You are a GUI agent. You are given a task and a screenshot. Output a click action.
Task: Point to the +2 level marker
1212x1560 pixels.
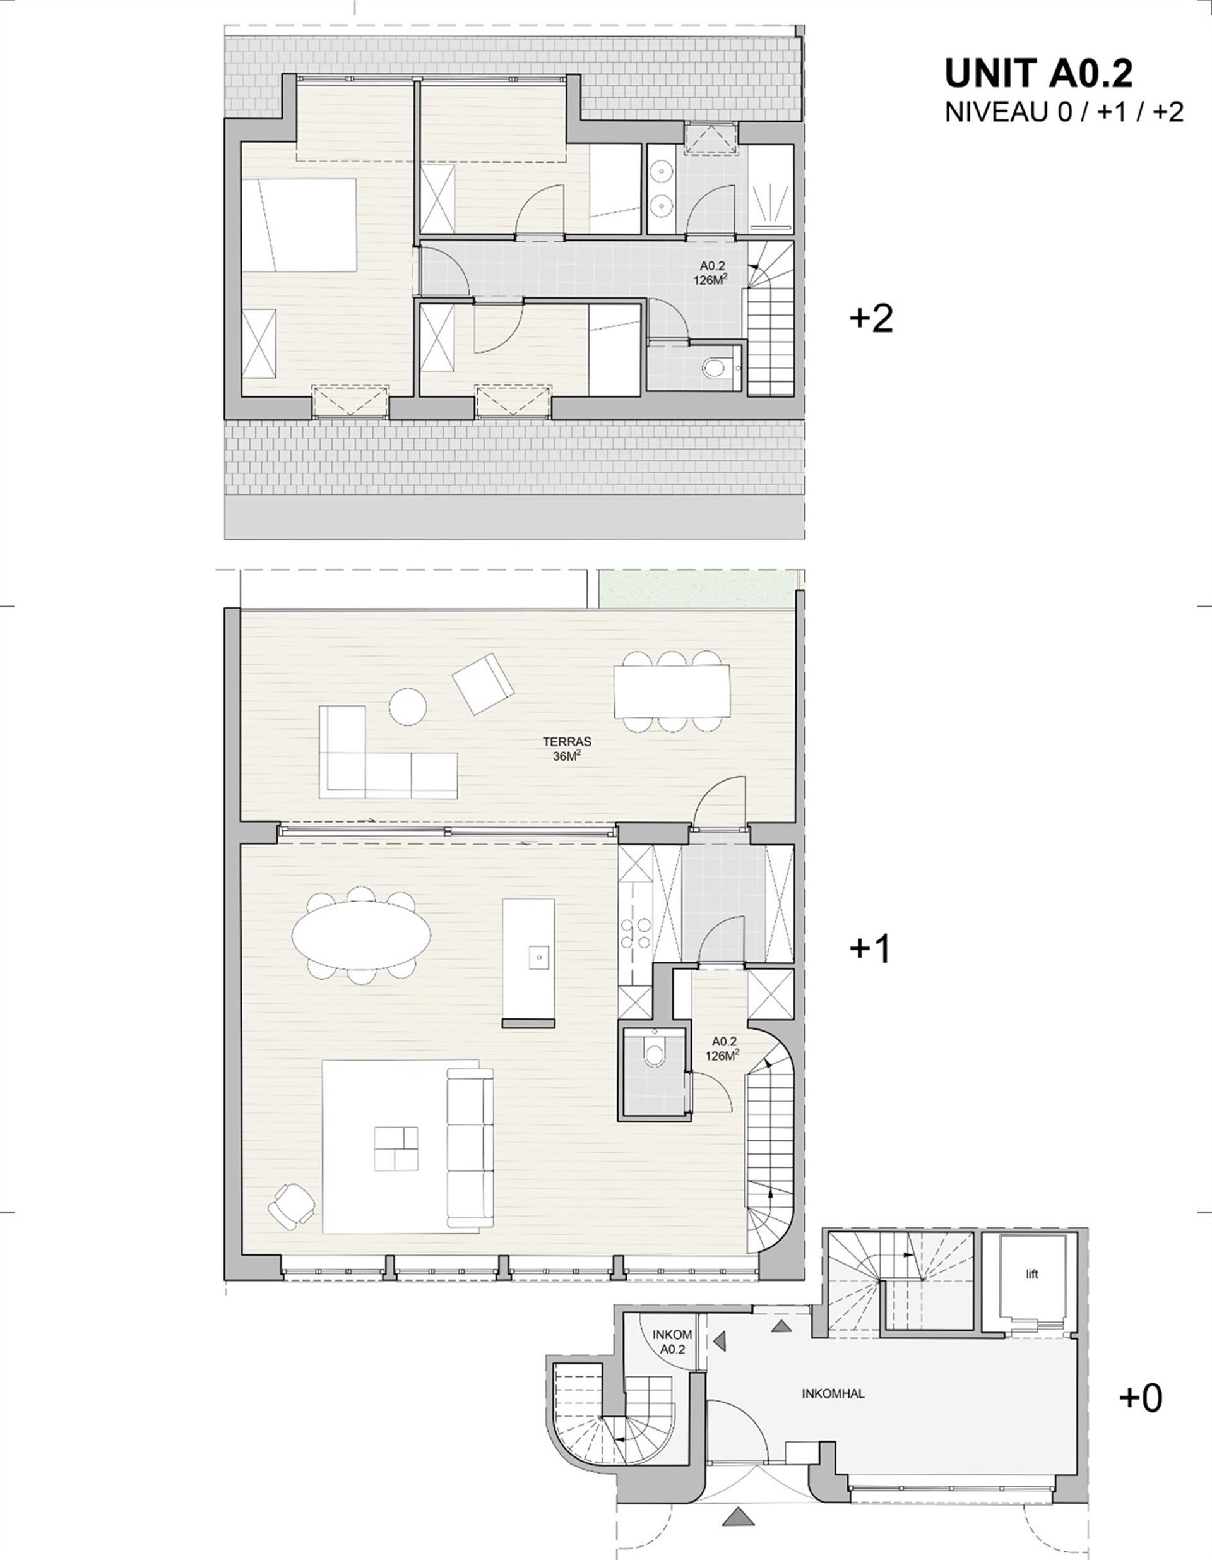[x=871, y=319]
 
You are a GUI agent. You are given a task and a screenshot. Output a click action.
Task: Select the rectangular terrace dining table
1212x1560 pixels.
[x=672, y=691]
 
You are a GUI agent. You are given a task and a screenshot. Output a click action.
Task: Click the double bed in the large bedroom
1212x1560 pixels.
[x=299, y=224]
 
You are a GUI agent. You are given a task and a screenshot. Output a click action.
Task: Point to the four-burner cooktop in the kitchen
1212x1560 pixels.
[x=635, y=934]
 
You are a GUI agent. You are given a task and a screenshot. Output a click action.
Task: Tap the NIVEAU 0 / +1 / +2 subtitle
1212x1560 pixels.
[x=1064, y=112]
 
